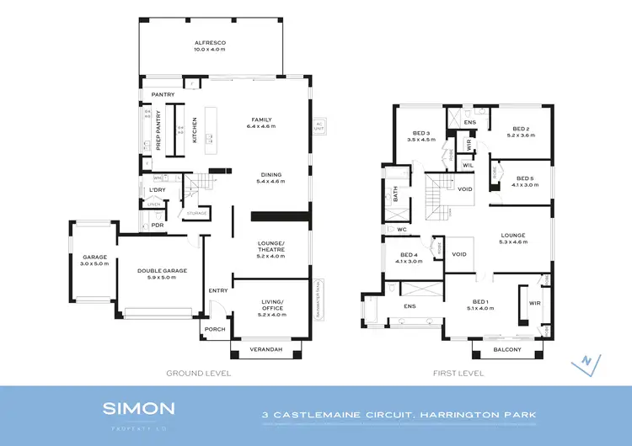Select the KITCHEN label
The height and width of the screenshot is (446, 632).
click(195, 130)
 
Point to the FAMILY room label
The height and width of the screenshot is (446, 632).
click(261, 119)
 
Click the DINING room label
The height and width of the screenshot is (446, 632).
click(270, 175)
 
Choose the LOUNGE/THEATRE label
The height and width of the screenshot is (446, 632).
click(270, 246)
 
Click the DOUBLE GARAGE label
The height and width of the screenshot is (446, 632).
click(162, 271)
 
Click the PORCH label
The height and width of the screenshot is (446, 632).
click(215, 329)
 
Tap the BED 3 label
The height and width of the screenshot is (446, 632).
click(421, 133)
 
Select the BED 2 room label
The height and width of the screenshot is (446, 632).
click(516, 129)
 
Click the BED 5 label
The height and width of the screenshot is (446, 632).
click(525, 178)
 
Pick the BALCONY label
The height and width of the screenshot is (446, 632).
click(506, 349)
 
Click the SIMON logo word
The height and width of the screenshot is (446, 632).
click(138, 409)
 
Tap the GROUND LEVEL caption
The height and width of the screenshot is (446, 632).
click(198, 373)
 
